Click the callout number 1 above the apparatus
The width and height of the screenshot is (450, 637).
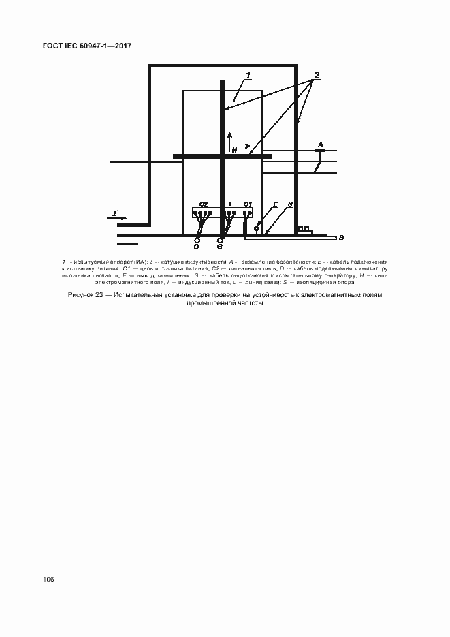coord(249,74)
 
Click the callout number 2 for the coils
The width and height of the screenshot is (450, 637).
coord(317,74)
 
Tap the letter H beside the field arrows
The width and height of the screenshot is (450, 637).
coord(233,149)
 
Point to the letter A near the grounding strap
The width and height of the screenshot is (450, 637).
coord(321,144)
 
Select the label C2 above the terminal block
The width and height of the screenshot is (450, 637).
coord(204,204)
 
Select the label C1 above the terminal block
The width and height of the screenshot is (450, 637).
coord(248,204)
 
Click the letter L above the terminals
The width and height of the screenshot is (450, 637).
coord(231,204)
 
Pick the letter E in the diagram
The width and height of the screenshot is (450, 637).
coord(275,204)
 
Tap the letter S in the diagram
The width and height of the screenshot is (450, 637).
coord(289,204)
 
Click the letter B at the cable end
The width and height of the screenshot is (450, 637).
coord(341,238)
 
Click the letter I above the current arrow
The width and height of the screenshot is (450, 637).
coord(115,214)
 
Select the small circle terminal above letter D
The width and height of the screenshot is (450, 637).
coord(197,240)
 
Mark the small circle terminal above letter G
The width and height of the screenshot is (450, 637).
coord(220,240)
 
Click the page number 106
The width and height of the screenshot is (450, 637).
coord(48,580)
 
